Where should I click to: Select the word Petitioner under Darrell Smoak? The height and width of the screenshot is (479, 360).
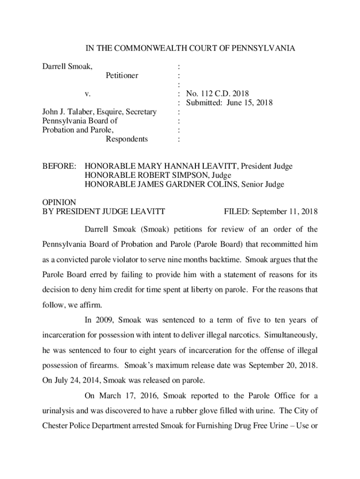pos(122,75)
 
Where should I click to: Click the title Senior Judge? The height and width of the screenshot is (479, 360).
pos(264,184)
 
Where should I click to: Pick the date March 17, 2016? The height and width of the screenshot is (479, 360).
pos(129,396)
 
